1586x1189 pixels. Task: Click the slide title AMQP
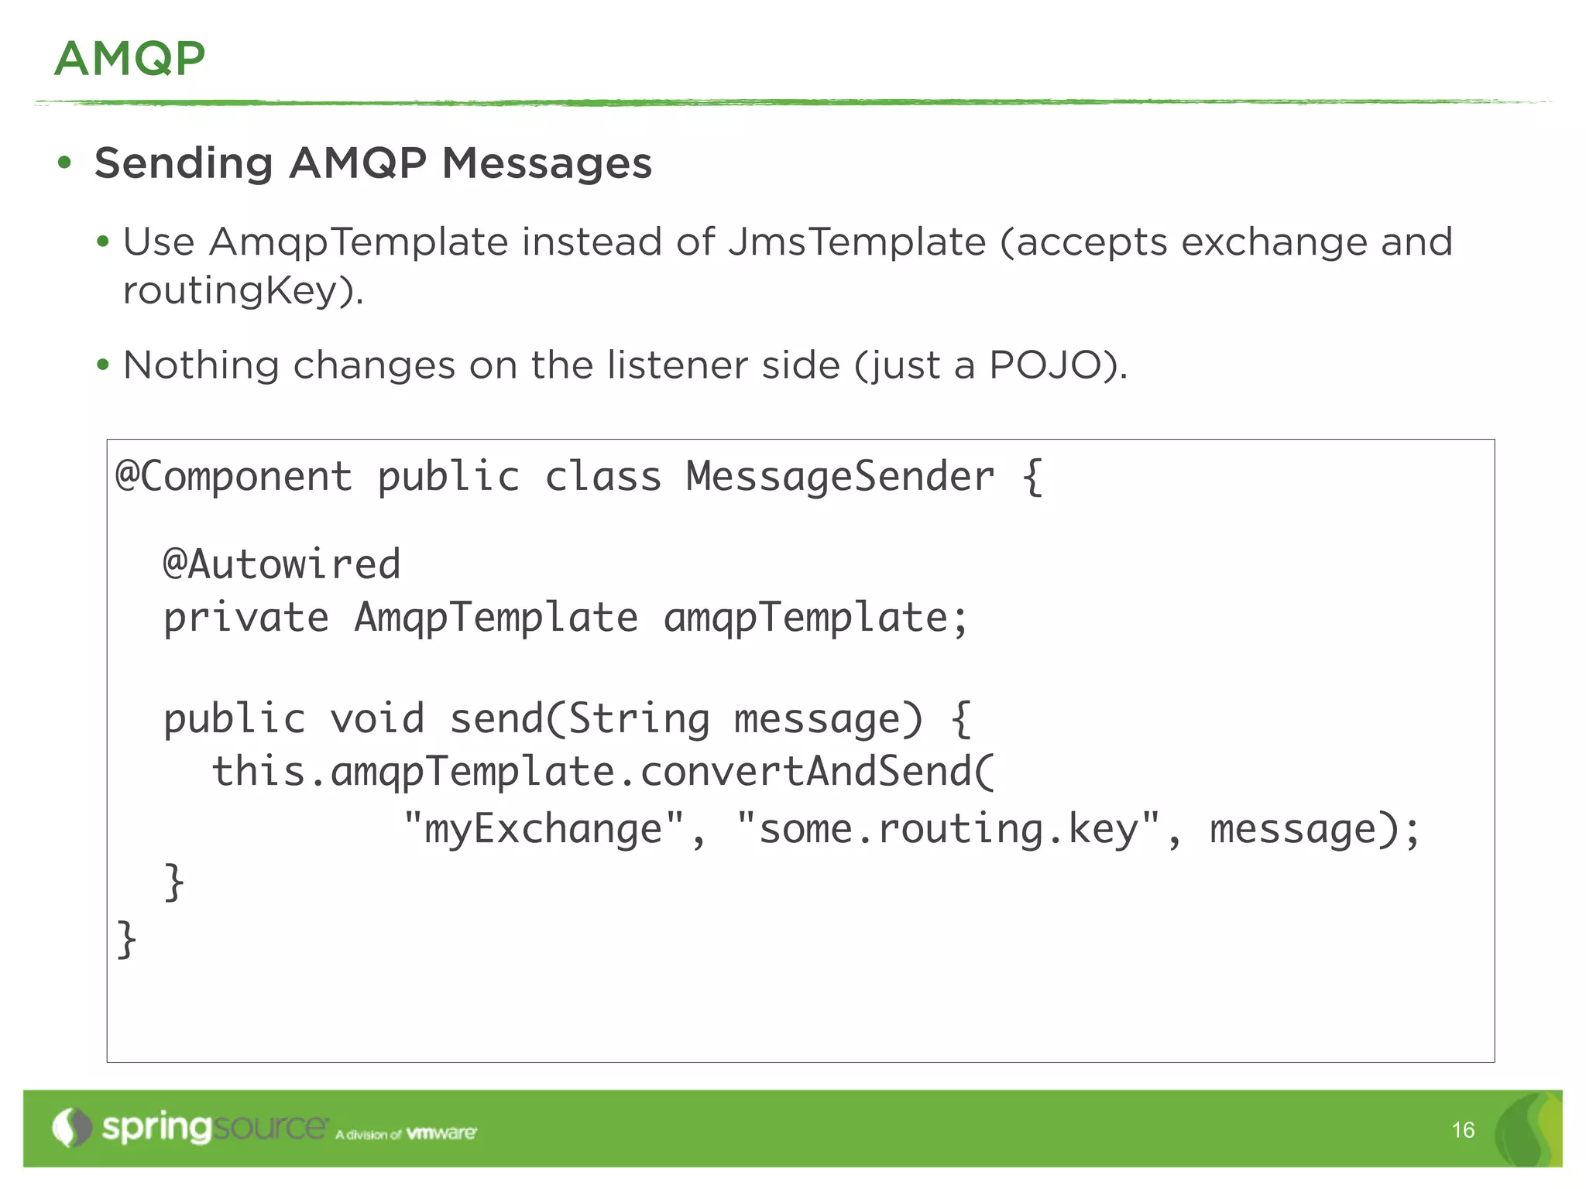point(129,59)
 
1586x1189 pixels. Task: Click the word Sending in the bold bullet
point(184,163)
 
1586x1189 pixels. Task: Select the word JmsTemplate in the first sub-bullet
point(857,242)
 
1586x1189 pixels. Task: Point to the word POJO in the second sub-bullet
point(1045,365)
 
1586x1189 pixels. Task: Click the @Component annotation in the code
point(234,476)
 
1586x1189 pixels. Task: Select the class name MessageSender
point(840,476)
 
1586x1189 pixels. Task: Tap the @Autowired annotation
point(282,564)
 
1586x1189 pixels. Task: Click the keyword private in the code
point(246,618)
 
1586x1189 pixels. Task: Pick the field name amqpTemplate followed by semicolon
point(815,618)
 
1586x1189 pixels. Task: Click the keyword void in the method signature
point(377,718)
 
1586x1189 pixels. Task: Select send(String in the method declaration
point(579,718)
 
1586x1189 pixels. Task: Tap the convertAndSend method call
point(817,772)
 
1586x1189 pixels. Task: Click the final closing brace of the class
point(126,939)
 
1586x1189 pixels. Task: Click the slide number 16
point(1463,1130)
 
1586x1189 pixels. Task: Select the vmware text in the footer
point(441,1133)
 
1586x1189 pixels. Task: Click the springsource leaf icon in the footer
point(72,1128)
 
